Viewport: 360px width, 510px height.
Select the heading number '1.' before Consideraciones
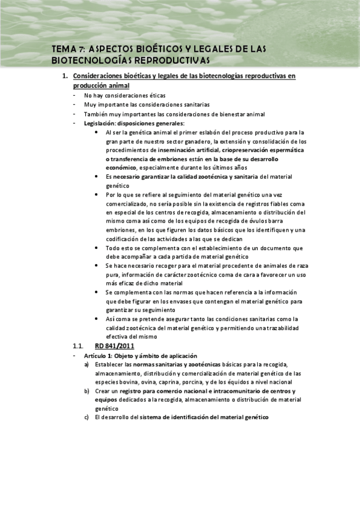[66, 76]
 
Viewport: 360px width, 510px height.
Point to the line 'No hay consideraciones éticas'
[124, 95]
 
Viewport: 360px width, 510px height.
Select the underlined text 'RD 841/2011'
[114, 346]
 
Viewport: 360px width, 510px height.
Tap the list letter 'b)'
[87, 391]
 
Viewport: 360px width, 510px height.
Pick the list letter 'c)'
[87, 417]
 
